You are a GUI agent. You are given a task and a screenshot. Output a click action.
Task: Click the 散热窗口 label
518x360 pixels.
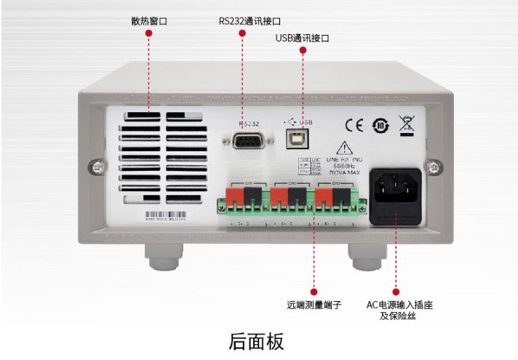pyautogui.click(x=148, y=21)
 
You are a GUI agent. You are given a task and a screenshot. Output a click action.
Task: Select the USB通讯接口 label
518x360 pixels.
pyautogui.click(x=302, y=38)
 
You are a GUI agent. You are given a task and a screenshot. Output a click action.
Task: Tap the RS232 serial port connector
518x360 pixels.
pyautogui.click(x=250, y=140)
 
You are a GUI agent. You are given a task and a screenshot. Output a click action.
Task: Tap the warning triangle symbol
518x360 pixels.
pyautogui.click(x=343, y=148)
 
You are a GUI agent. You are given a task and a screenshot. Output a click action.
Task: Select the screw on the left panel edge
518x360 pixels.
pyautogui.click(x=91, y=167)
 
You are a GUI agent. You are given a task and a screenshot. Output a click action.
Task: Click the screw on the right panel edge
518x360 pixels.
pyautogui.click(x=434, y=167)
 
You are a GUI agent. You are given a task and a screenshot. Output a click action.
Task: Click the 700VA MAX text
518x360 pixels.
pyautogui.click(x=343, y=173)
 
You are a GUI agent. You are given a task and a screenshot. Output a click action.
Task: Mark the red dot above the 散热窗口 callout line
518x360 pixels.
pyautogui.click(x=148, y=33)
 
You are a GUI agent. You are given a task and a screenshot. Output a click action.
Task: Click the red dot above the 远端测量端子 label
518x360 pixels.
pyautogui.click(x=314, y=291)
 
